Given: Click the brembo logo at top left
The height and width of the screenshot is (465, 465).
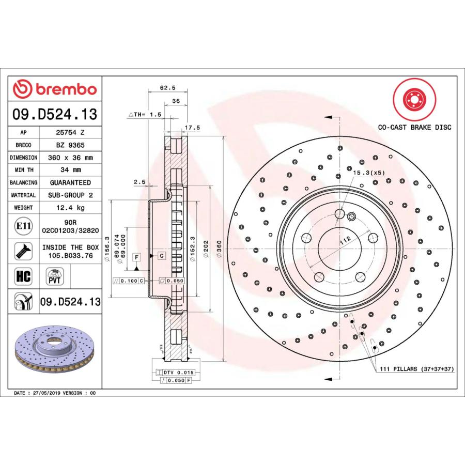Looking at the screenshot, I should point(55,89).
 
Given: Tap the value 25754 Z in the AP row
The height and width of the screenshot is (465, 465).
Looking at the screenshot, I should point(70,132).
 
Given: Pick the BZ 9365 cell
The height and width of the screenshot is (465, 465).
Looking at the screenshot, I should point(70,145).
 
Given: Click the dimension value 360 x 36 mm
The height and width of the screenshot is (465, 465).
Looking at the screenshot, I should point(70,158).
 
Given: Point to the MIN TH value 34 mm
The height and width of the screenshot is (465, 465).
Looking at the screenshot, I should point(70,170).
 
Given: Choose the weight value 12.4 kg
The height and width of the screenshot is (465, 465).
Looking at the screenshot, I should point(70,208).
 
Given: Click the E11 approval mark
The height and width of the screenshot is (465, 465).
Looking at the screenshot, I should point(23,226).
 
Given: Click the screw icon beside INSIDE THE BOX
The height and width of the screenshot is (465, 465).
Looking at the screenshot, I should point(23,251).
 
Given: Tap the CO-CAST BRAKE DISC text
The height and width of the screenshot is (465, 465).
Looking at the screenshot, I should point(414,127).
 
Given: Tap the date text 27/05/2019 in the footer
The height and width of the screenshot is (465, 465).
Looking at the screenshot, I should point(45,393).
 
